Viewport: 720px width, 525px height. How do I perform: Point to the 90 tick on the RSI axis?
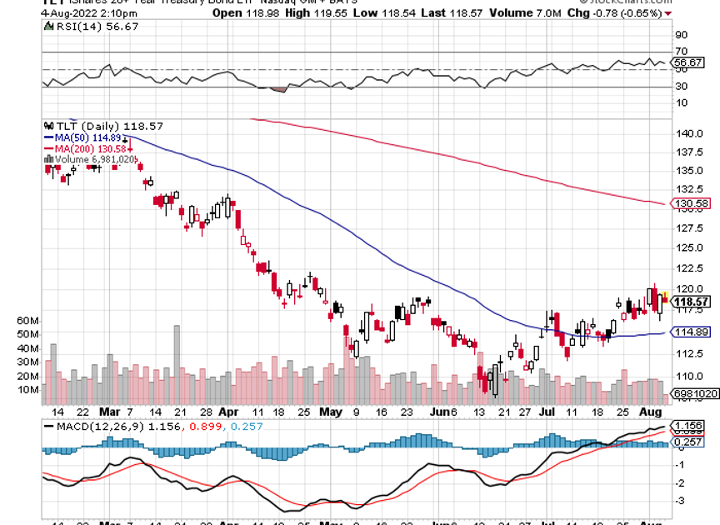click(681, 36)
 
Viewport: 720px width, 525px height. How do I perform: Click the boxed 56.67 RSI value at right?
click(690, 62)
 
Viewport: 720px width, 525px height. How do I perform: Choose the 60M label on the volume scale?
click(28, 321)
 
